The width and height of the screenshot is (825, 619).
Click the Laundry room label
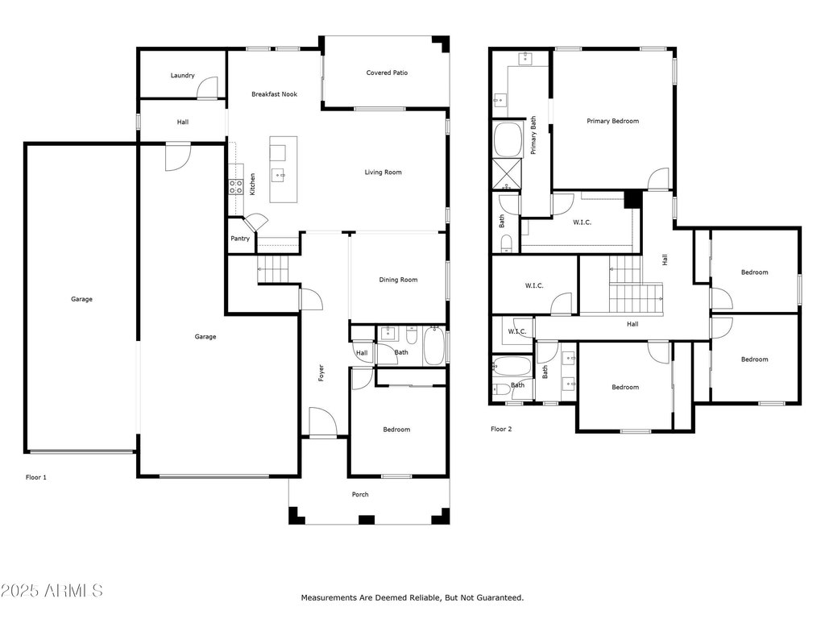pos(182,76)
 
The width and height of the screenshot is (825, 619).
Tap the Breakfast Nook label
pos(274,94)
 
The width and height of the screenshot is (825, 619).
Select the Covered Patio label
pos(387,73)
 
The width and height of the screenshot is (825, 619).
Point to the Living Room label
pos(383,172)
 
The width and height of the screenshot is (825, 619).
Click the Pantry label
pos(240,239)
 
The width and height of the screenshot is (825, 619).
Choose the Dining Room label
pos(398,280)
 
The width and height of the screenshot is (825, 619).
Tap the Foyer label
pos(320,372)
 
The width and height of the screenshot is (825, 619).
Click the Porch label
pos(360,494)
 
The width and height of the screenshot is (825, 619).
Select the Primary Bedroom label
pos(612,121)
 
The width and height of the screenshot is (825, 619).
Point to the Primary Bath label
pos(533,135)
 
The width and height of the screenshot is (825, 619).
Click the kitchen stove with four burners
pos(236,187)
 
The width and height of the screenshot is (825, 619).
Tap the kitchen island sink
pos(278,172)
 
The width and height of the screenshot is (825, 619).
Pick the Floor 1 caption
pos(36,477)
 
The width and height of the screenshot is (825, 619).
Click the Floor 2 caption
pos(501,429)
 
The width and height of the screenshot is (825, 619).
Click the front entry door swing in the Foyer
pos(322,421)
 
